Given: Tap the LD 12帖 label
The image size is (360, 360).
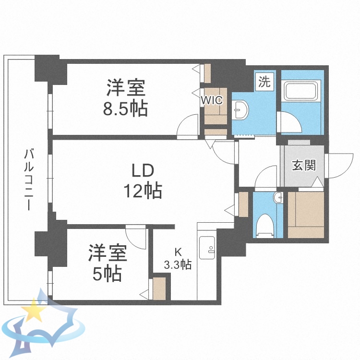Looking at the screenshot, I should pyautogui.click(x=143, y=181).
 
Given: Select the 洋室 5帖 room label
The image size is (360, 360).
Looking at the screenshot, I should pyautogui.click(x=107, y=263).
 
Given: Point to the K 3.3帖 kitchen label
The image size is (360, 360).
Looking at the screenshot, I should pyautogui.click(x=178, y=258).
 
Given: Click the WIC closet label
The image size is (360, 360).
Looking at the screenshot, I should pyautogui.click(x=212, y=100).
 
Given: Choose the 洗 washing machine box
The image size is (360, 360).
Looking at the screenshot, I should pyautogui.click(x=264, y=82).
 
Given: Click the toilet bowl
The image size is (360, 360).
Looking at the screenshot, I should pyautogui.click(x=264, y=225).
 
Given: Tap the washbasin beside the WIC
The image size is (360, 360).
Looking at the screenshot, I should pyautogui.click(x=240, y=111).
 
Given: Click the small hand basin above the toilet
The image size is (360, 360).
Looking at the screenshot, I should pyautogui.click(x=277, y=197).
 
